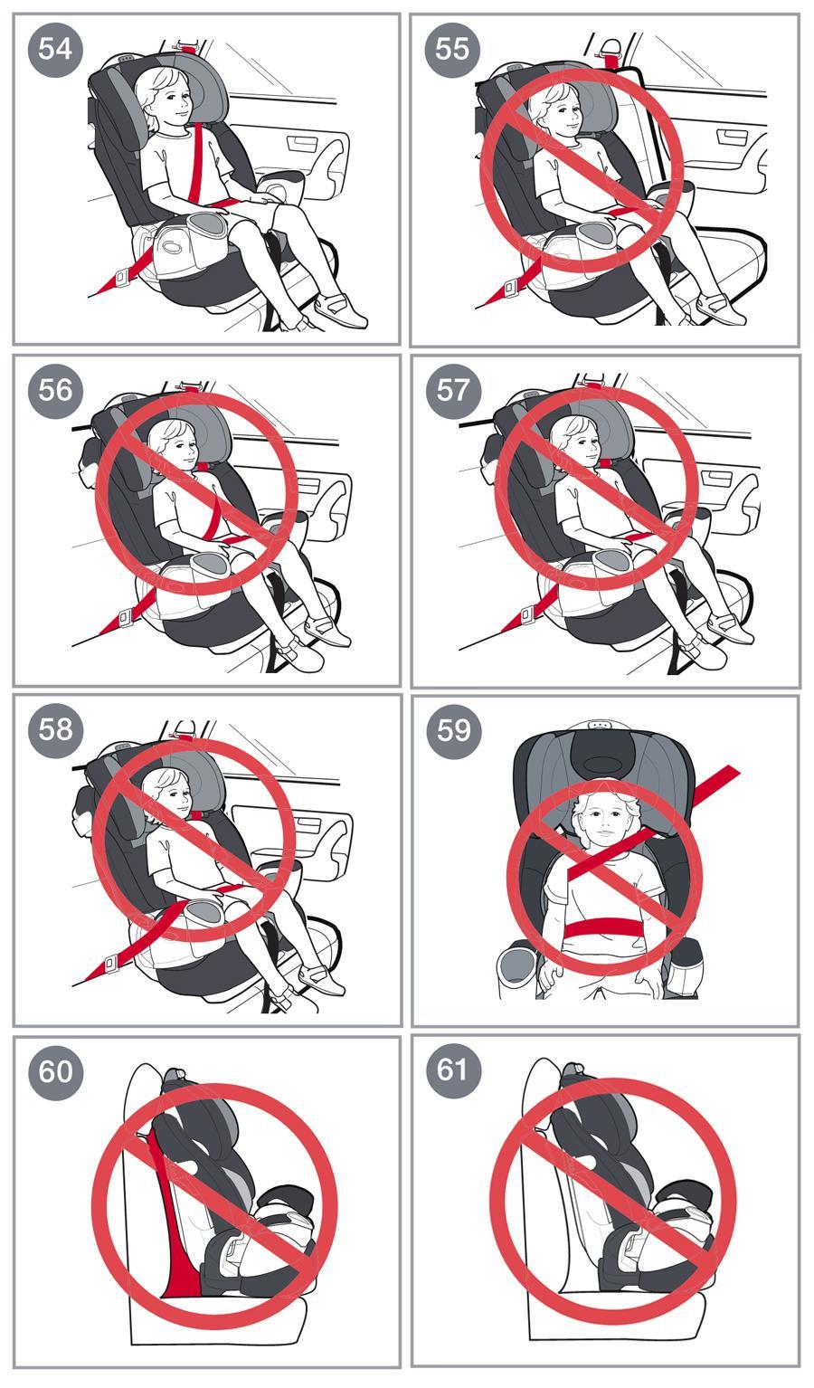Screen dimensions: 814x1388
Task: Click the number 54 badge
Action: [x=55, y=48]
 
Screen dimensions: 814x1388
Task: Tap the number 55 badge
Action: [x=452, y=48]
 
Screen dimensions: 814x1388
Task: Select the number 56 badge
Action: [x=55, y=390]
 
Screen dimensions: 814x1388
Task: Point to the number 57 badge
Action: [x=453, y=390]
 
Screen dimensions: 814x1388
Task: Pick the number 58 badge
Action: [x=55, y=729]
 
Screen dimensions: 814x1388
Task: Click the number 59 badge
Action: [x=453, y=730]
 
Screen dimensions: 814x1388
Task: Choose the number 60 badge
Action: [x=55, y=1071]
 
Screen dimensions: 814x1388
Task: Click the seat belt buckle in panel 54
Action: [x=120, y=277]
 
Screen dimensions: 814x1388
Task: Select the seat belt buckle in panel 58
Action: [x=111, y=963]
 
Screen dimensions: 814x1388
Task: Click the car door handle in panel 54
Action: [x=302, y=143]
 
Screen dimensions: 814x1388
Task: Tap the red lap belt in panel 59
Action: [x=597, y=927]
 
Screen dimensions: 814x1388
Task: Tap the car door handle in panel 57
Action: [x=716, y=478]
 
